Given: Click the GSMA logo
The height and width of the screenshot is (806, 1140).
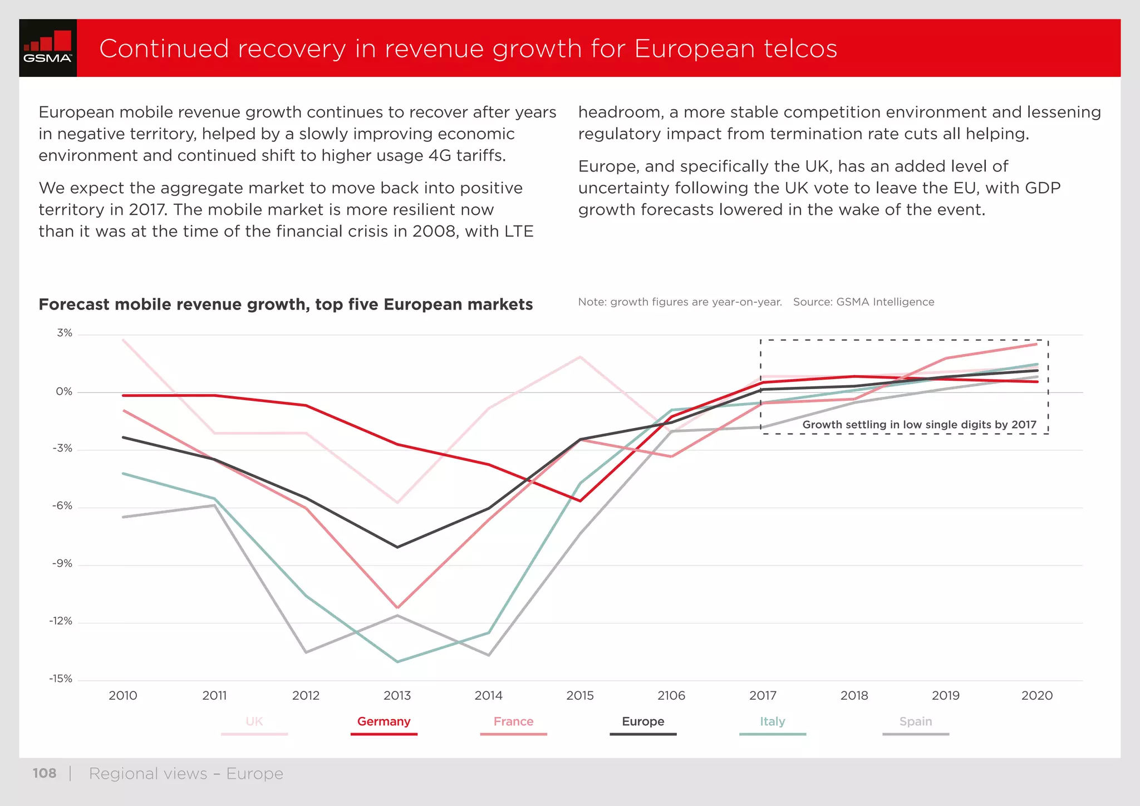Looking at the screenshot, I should click(48, 48).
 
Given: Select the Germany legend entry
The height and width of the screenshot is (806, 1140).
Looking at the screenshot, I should click(384, 722).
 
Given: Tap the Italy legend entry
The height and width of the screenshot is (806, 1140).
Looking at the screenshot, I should click(772, 722).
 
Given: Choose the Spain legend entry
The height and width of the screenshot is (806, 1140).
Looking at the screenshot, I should click(915, 722).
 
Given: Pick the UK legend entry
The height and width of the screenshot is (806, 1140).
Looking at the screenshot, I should click(254, 722).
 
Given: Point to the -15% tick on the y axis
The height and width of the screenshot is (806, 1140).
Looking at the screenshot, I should click(61, 679).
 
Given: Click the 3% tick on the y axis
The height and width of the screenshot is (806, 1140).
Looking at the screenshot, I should click(65, 333).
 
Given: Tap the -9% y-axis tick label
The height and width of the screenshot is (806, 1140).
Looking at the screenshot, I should click(62, 564).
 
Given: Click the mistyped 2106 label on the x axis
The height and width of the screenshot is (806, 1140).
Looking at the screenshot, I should click(671, 696).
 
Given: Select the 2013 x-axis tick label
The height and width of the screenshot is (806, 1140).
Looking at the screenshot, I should click(397, 696).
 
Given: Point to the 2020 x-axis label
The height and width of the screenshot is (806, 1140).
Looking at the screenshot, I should click(1037, 696).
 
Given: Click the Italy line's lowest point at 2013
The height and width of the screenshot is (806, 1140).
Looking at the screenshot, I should click(397, 662).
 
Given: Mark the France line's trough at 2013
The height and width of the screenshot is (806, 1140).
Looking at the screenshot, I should click(397, 608).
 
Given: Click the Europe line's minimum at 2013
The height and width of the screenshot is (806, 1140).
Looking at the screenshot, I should click(397, 547).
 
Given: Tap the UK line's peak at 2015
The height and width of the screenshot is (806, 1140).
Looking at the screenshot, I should click(580, 357).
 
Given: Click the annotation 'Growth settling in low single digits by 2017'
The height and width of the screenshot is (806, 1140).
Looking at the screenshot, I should click(919, 425).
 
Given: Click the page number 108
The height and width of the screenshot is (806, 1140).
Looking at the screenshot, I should click(45, 774).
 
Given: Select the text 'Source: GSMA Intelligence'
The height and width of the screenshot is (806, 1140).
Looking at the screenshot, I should click(863, 302).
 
